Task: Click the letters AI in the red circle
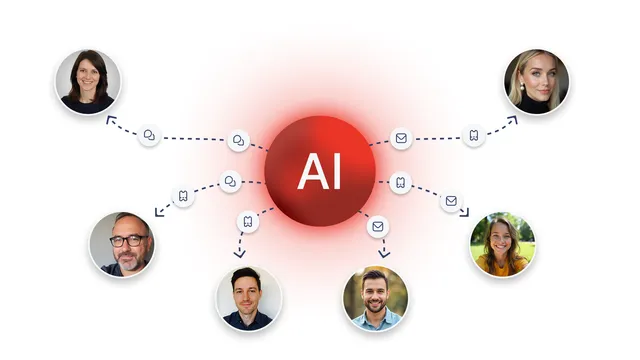pos(319,171)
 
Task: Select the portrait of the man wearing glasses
pos(122,244)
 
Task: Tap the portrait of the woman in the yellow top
pos(502,244)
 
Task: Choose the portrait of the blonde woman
pos(536,82)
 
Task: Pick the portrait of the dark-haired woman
pos(88,82)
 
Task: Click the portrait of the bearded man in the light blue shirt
pos(376,298)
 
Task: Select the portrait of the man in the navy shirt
pos(249,298)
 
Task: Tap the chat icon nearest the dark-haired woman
pos(149,135)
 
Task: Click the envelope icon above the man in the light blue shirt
pos(378,226)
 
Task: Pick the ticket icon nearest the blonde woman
pos(473,135)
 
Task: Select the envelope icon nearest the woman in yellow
pos(451,201)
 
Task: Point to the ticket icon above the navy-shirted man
pos(248,222)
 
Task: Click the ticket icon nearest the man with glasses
pos(183,196)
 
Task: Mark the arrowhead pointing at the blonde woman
pos(513,120)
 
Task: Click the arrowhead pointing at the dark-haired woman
pos(110,120)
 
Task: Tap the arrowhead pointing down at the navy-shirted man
pos(240,254)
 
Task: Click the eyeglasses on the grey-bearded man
pos(128,241)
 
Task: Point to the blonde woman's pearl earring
pos(522,87)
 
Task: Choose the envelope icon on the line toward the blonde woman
pos(401,138)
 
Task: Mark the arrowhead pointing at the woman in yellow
pos(465,213)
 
